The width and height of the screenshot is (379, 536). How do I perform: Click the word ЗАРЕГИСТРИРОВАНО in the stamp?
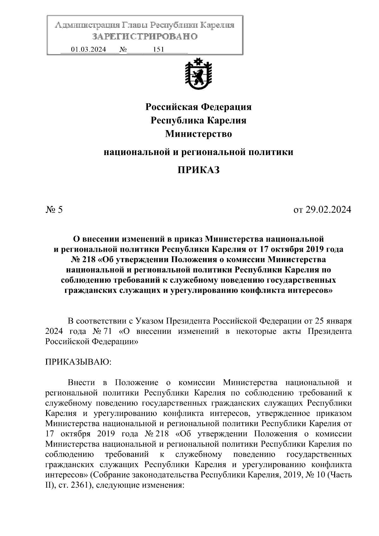[145, 36]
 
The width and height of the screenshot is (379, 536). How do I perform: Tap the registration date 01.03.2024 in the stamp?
[89, 50]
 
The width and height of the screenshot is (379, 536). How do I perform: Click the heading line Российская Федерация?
[198, 107]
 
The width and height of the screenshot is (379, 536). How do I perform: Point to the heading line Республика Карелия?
[198, 120]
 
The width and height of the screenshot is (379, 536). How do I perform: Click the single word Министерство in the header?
[198, 134]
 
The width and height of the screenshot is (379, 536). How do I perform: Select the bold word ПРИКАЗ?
[198, 170]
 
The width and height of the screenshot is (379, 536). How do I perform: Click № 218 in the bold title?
[83, 259]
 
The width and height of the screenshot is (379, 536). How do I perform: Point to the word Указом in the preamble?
[149, 321]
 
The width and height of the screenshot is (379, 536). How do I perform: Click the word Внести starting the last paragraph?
[81, 382]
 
